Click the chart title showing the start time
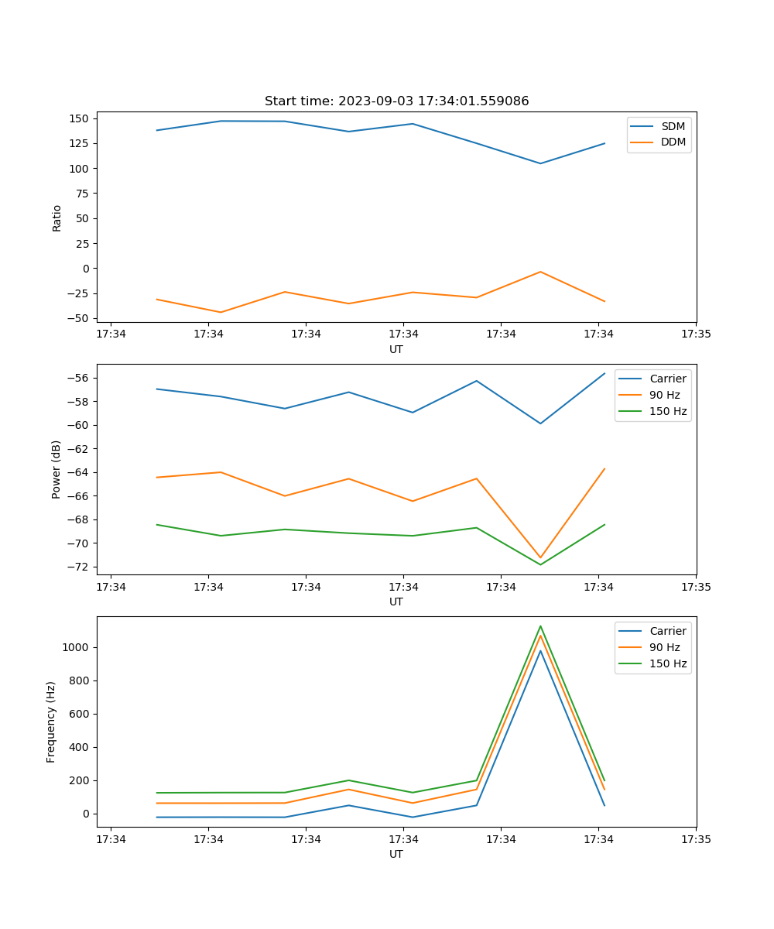click(396, 101)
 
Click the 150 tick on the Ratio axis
click(80, 118)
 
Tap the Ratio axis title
click(57, 218)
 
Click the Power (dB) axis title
click(57, 470)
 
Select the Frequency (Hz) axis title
click(51, 722)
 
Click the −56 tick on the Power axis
click(80, 378)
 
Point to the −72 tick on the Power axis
click(80, 567)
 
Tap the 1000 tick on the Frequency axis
click(77, 647)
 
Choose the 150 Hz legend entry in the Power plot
click(668, 411)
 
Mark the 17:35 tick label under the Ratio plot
click(696, 334)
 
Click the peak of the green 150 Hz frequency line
click(540, 626)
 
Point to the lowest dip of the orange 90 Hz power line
click(540, 557)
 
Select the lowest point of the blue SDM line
click(540, 163)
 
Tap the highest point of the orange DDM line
click(540, 272)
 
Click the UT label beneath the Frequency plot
click(396, 854)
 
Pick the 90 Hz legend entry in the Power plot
click(665, 395)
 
